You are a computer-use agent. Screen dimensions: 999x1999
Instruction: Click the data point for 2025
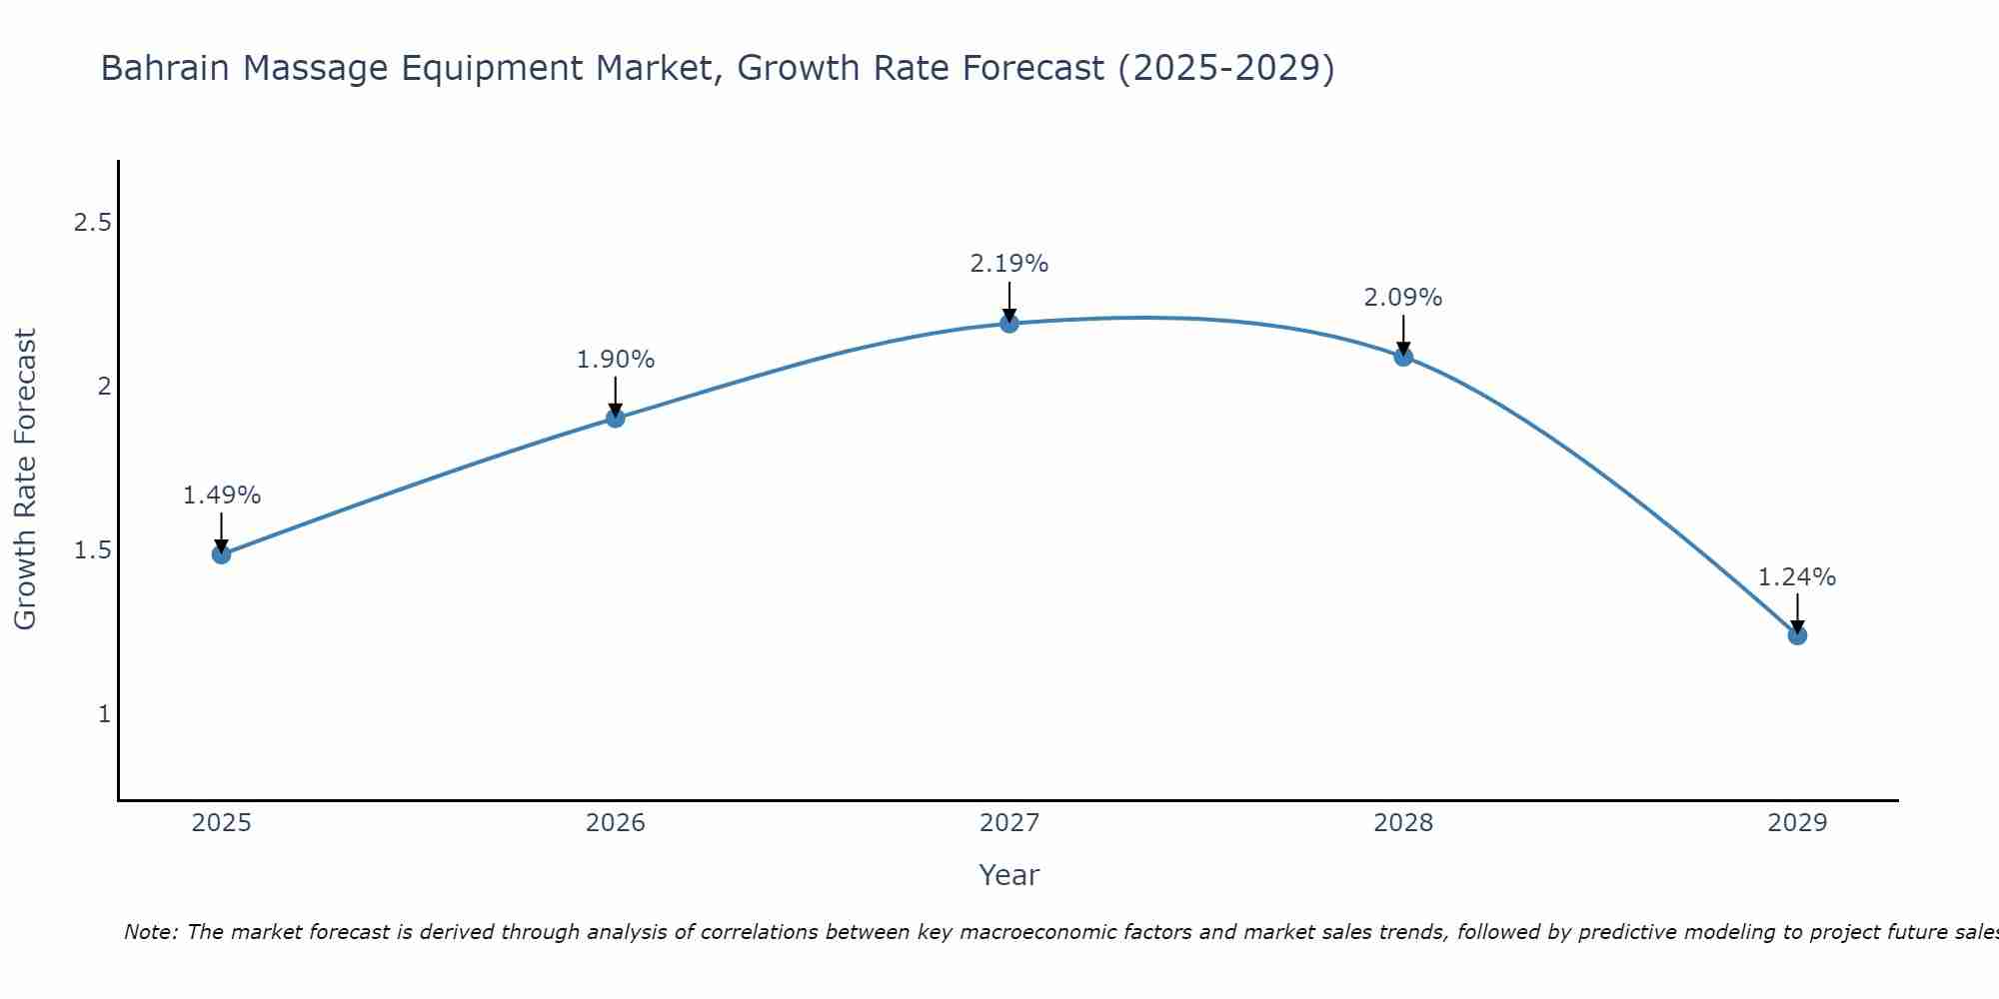point(222,554)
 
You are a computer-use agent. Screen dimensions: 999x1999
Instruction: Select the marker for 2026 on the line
point(616,418)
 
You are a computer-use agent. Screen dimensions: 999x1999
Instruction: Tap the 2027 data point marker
point(1009,323)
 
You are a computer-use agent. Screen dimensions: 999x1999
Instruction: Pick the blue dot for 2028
point(1403,357)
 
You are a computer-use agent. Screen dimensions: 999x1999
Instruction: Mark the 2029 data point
point(1797,635)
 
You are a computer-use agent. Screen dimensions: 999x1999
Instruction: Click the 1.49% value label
point(222,496)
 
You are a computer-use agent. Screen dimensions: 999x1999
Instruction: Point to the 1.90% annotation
point(616,360)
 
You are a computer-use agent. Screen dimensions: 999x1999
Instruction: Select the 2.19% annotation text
point(1009,264)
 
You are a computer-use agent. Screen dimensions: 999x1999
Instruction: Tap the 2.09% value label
point(1403,298)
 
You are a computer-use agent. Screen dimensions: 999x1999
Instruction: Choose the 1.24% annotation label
point(1797,577)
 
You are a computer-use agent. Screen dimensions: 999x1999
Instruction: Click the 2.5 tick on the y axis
point(93,223)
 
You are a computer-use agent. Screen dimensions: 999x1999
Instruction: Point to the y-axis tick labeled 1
point(104,714)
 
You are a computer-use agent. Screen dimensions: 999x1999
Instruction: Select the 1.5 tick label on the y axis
point(93,550)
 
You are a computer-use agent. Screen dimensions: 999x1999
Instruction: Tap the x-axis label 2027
point(1009,823)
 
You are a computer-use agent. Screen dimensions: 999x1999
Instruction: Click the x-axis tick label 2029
point(1797,823)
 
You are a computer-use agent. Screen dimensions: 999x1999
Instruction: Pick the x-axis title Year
point(1009,875)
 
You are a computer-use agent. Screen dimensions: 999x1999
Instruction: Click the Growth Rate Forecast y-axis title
point(25,480)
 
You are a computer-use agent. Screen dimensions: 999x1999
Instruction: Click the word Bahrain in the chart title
point(166,69)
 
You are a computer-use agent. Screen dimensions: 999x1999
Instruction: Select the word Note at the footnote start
point(150,932)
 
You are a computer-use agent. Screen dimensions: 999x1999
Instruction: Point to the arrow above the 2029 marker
point(1797,612)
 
